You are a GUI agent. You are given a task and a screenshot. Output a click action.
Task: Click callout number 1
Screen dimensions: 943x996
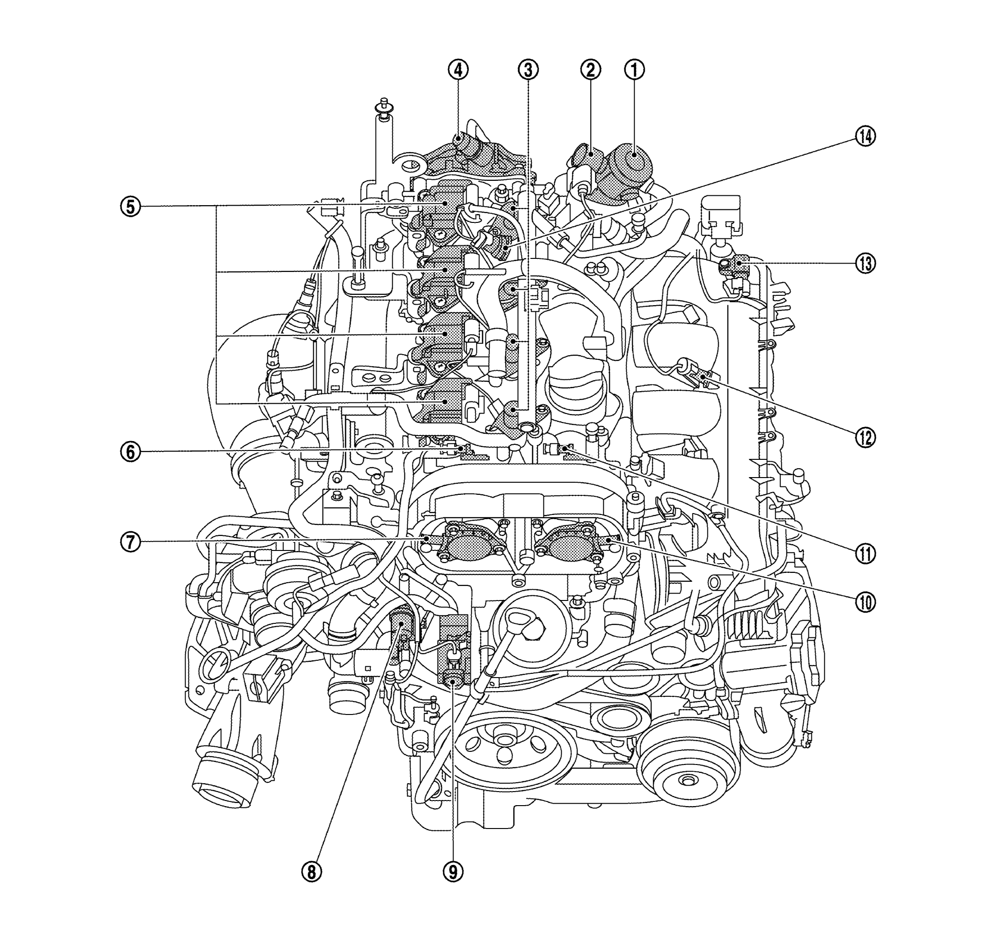click(x=635, y=70)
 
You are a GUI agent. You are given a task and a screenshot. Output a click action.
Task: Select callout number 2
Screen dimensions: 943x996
click(x=591, y=70)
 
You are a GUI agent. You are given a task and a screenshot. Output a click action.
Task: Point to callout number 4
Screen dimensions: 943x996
click(x=458, y=71)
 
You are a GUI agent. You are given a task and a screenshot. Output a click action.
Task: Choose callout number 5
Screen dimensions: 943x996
click(x=130, y=207)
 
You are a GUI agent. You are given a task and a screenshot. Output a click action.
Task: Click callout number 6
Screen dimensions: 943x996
click(x=130, y=452)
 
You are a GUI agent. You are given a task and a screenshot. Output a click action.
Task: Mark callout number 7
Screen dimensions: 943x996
click(x=130, y=543)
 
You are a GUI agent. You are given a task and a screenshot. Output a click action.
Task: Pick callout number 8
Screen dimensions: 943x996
click(x=311, y=872)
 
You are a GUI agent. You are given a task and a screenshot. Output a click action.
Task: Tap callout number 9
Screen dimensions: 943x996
click(x=453, y=872)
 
